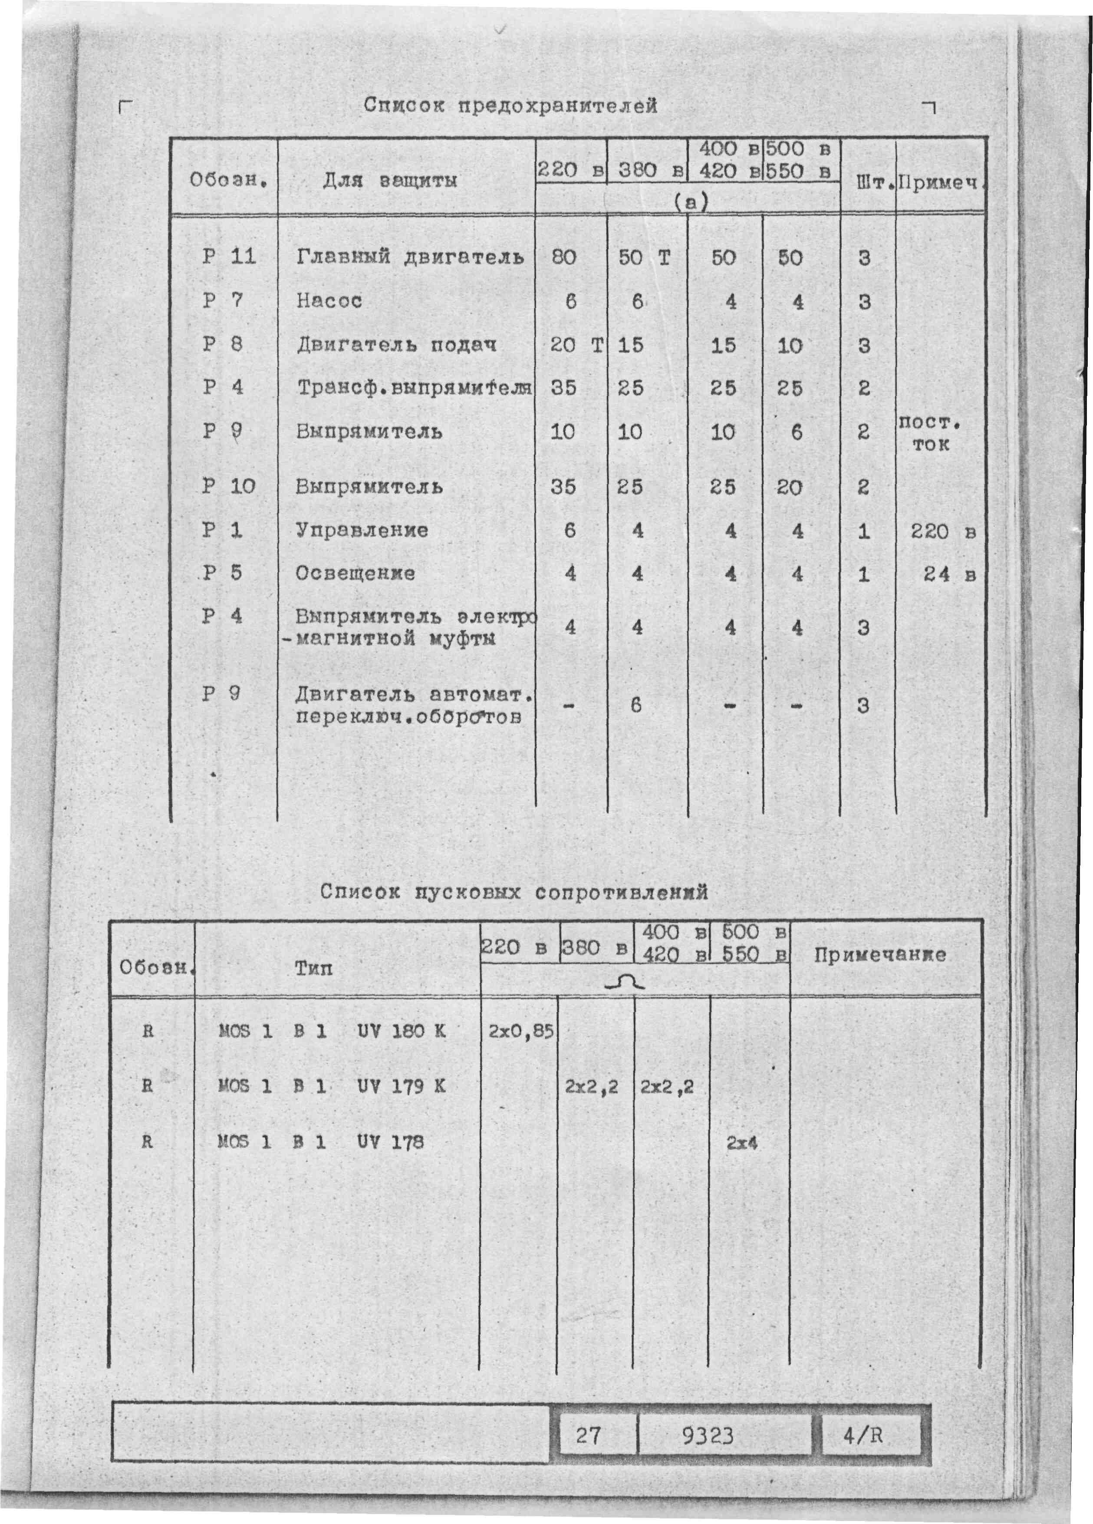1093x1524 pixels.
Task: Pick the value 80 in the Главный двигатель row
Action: (x=563, y=257)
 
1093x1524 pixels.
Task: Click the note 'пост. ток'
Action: (x=930, y=433)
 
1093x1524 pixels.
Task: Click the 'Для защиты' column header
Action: (x=390, y=181)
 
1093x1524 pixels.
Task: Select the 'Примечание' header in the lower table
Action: (x=879, y=955)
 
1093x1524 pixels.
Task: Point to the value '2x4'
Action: (x=742, y=1142)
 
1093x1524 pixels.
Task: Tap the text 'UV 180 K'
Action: (x=401, y=1031)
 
